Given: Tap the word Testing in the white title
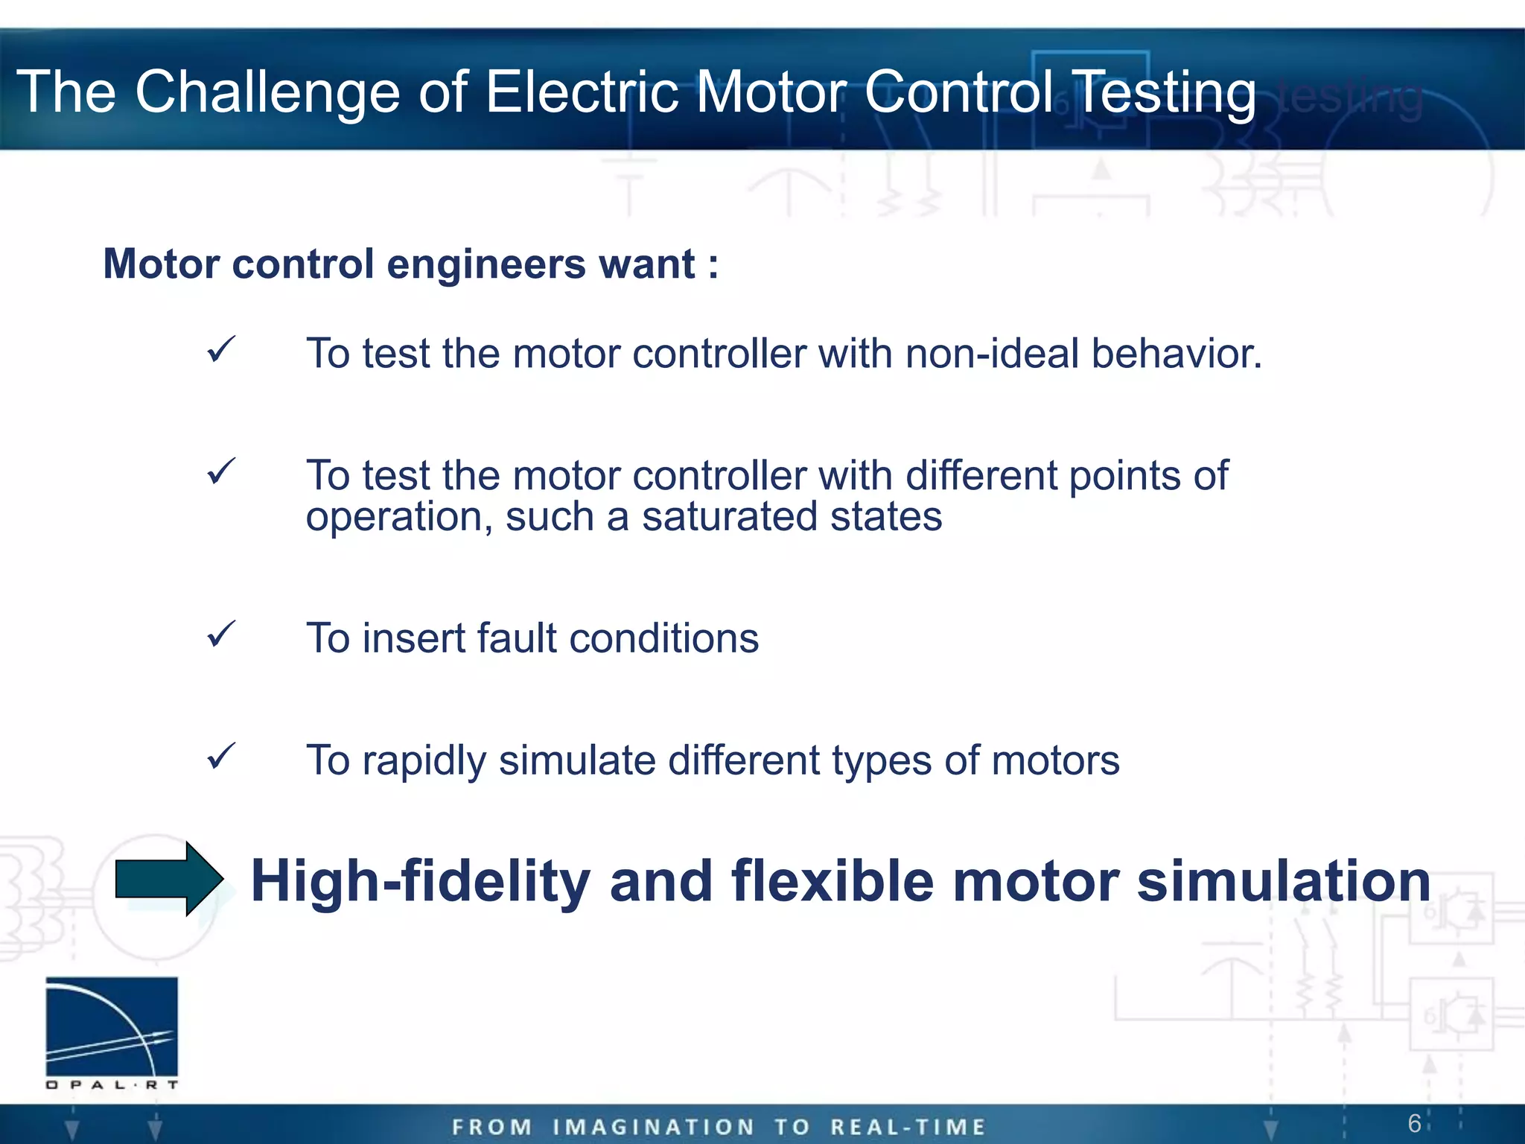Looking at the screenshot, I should tap(1167, 92).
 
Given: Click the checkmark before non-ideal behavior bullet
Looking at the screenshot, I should tap(221, 349).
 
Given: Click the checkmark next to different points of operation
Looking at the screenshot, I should tap(221, 471).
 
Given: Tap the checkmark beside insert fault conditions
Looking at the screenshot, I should tap(221, 635).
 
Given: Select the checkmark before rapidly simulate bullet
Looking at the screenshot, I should tap(221, 757).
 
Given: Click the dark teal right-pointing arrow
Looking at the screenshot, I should tap(169, 879).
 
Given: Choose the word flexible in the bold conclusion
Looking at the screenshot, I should tap(832, 882).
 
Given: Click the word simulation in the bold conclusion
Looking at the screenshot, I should tap(1283, 882).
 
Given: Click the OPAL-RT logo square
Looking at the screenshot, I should tap(112, 1026).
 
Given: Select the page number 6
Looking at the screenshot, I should tap(1414, 1123).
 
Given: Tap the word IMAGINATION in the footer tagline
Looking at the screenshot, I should tap(653, 1127).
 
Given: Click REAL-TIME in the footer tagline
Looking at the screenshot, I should tap(908, 1127).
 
